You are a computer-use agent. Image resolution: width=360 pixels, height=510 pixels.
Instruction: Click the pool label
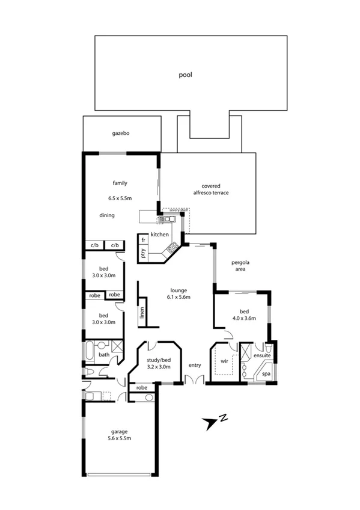pos(186,75)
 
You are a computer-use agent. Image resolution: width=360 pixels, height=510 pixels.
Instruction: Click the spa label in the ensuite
pos(266,373)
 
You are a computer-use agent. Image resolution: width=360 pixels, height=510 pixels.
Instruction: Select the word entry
pos(195,365)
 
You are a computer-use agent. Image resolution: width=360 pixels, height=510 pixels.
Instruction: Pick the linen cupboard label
pos(142,313)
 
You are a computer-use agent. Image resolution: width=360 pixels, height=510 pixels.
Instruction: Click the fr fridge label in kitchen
pos(143,240)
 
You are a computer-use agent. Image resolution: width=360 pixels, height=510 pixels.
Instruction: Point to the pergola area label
pos(240,266)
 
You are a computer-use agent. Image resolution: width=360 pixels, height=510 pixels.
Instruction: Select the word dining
pos(108,215)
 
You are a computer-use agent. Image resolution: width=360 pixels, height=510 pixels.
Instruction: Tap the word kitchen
pos(159,234)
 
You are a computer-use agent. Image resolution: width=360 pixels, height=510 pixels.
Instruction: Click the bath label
pos(104,355)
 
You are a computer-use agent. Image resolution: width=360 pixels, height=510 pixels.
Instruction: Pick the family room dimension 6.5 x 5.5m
pos(120,198)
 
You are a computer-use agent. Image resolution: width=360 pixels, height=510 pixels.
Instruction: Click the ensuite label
pos(263,356)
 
